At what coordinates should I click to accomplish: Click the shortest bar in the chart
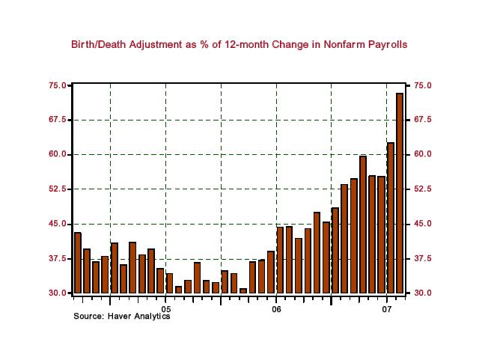point(243,290)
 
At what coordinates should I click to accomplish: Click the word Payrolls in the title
point(385,45)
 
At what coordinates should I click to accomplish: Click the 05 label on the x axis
point(165,308)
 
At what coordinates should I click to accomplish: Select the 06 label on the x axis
point(276,308)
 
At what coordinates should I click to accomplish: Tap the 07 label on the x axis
point(387,308)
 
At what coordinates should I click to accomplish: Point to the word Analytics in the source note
point(153,317)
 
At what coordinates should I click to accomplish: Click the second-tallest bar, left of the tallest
point(390,217)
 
